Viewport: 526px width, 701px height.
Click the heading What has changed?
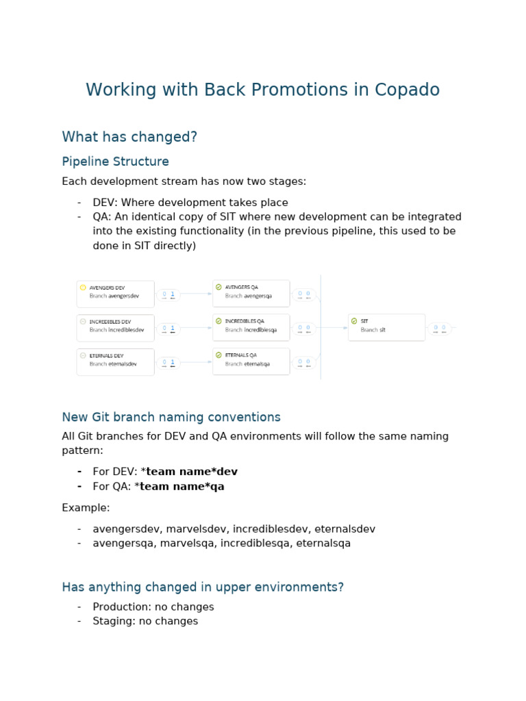129,137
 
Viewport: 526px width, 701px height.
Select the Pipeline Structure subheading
115,162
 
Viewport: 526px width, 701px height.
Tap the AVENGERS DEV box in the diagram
115,294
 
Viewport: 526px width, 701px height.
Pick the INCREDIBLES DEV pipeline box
115,327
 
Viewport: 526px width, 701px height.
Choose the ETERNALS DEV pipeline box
115,361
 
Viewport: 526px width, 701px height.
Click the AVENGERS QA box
251,293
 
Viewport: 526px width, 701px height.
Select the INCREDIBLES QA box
251,327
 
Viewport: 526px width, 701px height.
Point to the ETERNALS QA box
251,361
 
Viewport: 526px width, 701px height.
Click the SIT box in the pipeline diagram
386,327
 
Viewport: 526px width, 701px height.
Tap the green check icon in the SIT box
354,320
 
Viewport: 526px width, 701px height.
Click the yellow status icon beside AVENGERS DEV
83,288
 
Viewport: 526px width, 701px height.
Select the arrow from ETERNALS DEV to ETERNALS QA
196,362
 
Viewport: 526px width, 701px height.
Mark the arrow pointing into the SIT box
335,327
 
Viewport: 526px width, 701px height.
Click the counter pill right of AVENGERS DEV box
168,295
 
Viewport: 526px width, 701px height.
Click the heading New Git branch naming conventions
171,417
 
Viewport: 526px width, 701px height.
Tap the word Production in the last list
118,607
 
